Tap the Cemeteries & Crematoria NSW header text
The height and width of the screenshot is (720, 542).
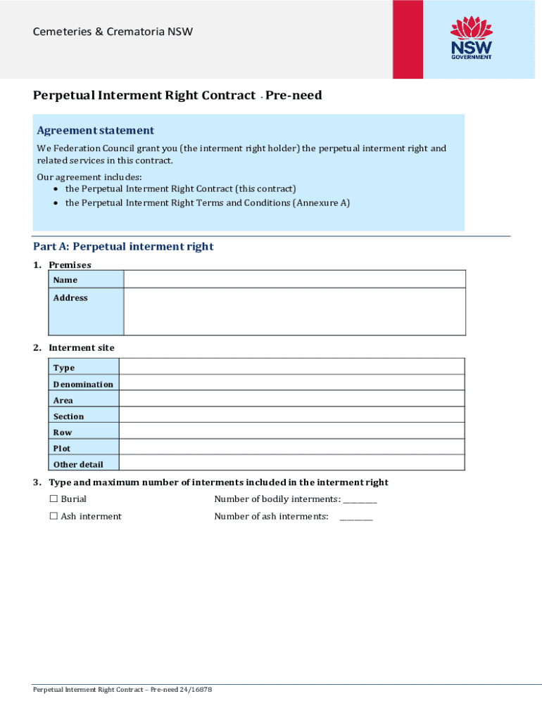[113, 32]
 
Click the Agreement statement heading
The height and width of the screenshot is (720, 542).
[95, 130]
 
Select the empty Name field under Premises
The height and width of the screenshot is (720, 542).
[294, 279]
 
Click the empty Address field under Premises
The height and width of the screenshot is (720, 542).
[294, 311]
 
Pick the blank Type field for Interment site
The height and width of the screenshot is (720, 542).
[291, 366]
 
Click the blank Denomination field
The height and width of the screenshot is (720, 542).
[291, 383]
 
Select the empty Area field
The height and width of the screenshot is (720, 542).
[291, 399]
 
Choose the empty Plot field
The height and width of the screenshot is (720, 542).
[291, 447]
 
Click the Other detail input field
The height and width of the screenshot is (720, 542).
[291, 463]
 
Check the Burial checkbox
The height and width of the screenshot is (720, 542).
[53, 499]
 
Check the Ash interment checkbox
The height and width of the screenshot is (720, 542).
[53, 517]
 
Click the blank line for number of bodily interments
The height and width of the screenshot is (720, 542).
[360, 501]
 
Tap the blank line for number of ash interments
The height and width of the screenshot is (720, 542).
[356, 518]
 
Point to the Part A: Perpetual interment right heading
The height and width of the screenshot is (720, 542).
[123, 247]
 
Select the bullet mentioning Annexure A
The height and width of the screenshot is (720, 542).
[207, 203]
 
